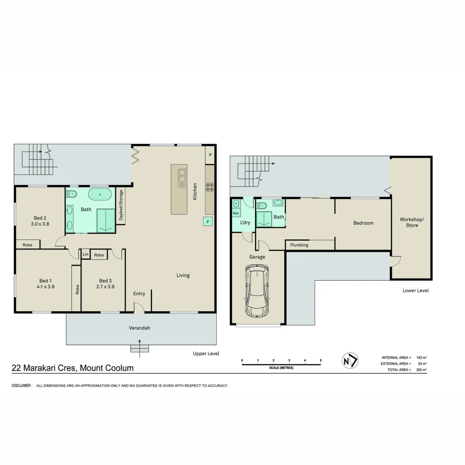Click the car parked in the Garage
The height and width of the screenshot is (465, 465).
tap(257, 291)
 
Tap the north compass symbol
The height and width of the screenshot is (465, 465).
tap(350, 360)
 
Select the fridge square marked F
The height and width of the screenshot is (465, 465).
tap(208, 222)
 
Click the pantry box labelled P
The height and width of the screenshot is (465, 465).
tap(211, 155)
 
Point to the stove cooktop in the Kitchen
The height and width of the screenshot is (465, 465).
tap(210, 187)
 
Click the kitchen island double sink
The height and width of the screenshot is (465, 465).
tap(182, 176)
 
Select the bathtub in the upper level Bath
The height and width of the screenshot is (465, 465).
tap(99, 195)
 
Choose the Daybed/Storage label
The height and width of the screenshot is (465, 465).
tap(121, 205)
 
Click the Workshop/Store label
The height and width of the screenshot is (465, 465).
tap(412, 222)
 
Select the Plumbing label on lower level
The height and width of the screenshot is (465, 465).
tap(299, 245)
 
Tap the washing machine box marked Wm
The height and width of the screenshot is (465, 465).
tap(236, 213)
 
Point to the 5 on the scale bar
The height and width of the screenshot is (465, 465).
tap(320, 360)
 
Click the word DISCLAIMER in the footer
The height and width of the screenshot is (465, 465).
tap(22, 386)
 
